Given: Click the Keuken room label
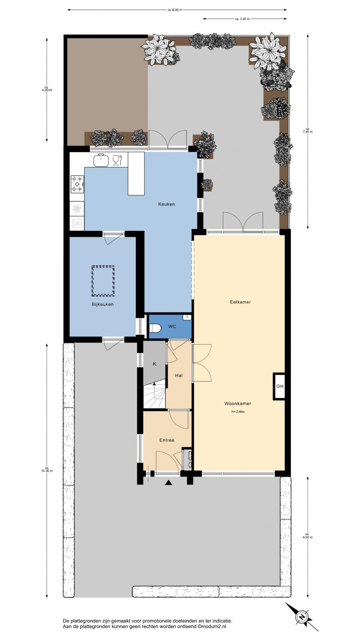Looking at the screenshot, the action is (166, 204).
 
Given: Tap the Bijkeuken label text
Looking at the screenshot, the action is (103, 304).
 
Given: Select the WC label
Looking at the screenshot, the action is (172, 327).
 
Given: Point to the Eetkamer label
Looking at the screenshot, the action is (240, 302).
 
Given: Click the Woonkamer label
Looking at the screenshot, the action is (238, 404).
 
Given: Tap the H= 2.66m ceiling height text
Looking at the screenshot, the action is (238, 412).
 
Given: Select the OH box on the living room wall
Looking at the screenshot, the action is (279, 386).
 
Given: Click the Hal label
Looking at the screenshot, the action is (179, 376).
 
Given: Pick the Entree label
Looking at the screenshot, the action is (167, 440).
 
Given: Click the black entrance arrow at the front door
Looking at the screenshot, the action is (169, 483).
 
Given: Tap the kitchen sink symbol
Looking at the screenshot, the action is (101, 160).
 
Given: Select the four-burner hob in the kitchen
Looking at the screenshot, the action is (77, 184).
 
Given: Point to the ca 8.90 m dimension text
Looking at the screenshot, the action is (175, 10).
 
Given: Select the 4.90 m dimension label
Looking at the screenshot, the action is (307, 536).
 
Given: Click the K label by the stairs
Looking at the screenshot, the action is (155, 364).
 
